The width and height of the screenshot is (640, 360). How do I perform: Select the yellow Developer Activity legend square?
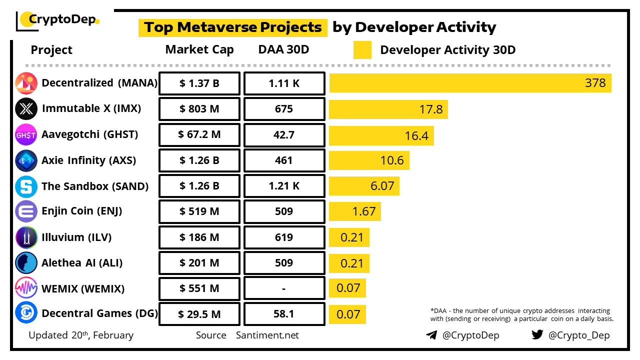pyautogui.click(x=362, y=50)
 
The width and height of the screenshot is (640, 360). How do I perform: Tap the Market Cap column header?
pyautogui.click(x=199, y=50)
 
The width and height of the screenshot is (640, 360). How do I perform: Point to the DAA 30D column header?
pyautogui.click(x=284, y=50)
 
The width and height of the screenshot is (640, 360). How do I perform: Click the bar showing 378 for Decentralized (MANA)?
pyautogui.click(x=470, y=83)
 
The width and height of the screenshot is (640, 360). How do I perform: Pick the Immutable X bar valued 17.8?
pyautogui.click(x=388, y=109)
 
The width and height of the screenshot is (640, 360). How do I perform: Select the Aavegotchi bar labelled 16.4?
pyautogui.click(x=381, y=135)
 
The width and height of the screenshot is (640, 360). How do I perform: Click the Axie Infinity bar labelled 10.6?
pyautogui.click(x=369, y=161)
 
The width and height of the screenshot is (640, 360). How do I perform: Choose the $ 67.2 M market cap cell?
pyautogui.click(x=199, y=135)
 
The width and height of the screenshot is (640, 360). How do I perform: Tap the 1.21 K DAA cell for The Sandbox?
pyautogui.click(x=284, y=186)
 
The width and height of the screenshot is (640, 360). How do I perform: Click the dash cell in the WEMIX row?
pyautogui.click(x=284, y=289)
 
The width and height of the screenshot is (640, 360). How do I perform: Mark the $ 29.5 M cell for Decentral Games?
pyautogui.click(x=199, y=314)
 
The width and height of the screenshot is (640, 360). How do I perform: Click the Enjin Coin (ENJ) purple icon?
pyautogui.click(x=26, y=211)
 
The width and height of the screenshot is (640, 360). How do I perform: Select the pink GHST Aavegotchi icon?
pyautogui.click(x=26, y=135)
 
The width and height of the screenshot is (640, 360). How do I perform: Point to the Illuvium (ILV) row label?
pyautogui.click(x=76, y=237)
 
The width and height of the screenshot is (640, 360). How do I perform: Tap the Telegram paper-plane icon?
pyautogui.click(x=431, y=335)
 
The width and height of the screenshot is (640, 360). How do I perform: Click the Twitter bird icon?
pyautogui.click(x=537, y=334)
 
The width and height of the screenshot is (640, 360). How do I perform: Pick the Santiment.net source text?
pyautogui.click(x=267, y=335)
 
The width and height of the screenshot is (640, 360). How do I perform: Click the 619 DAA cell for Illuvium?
pyautogui.click(x=284, y=237)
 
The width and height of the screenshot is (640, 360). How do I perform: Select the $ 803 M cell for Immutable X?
pyautogui.click(x=199, y=109)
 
